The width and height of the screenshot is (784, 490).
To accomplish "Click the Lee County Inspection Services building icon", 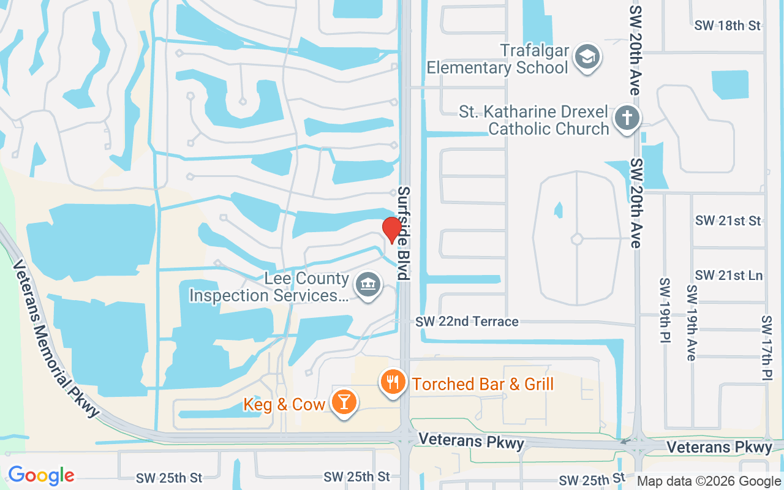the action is [367, 285].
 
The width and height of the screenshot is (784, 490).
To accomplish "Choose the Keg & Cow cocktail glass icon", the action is [344, 402].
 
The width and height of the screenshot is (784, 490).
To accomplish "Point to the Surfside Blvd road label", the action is [403, 233].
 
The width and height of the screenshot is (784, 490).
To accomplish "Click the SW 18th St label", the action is [728, 26].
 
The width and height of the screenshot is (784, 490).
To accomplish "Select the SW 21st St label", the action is [728, 221].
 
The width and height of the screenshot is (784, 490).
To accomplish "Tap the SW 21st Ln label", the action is [729, 276].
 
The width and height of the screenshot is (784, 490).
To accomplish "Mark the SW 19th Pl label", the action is [665, 311].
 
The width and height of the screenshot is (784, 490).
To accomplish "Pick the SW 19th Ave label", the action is [692, 323].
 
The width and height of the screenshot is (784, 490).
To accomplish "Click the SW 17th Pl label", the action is [767, 348].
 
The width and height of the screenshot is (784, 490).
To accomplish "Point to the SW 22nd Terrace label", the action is [467, 322].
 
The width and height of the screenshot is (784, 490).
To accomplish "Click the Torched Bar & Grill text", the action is [483, 384].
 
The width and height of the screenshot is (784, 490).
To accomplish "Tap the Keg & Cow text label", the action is [284, 404].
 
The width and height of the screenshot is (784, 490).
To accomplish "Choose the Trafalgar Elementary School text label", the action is [498, 59].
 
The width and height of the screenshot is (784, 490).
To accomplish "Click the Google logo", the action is [41, 475].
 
